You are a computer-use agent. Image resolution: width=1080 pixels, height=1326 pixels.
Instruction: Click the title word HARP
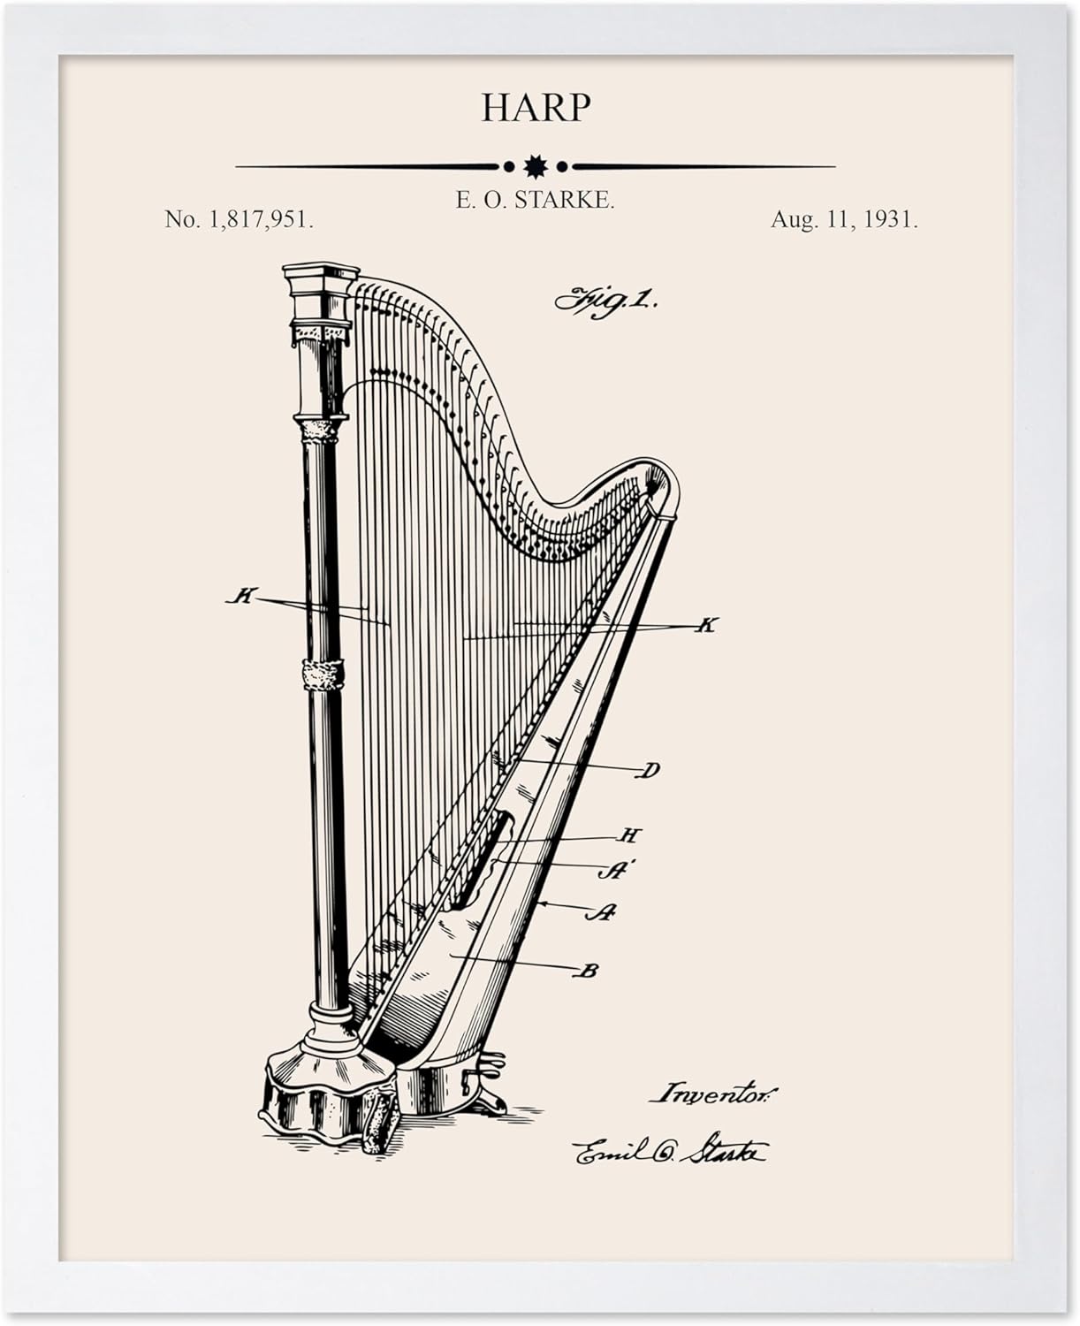[536, 108]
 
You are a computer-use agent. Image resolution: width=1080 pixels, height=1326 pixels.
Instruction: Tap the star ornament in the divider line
[535, 165]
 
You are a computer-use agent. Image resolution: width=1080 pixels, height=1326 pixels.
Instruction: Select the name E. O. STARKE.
[535, 201]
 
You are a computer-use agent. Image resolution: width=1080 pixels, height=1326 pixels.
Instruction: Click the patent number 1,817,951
[239, 220]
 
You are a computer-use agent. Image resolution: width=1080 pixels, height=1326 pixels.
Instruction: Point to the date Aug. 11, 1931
[844, 220]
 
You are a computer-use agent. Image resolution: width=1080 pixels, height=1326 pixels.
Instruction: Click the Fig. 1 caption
[606, 301]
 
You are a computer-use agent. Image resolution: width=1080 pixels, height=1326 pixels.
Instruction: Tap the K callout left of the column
[240, 597]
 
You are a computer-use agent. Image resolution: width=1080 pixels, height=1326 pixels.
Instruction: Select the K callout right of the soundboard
[705, 626]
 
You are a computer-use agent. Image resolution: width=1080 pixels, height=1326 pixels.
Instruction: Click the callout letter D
[649, 771]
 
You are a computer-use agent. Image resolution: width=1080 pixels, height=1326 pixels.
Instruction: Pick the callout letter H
[629, 835]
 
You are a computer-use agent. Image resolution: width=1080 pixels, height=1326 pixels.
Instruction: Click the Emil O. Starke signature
[670, 1152]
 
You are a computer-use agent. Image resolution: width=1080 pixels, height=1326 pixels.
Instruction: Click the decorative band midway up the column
[323, 674]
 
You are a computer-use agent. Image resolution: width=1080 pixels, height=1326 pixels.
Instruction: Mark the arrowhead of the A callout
[540, 903]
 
